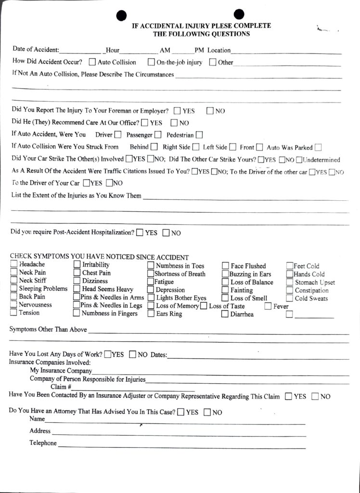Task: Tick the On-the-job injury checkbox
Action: coord(151,62)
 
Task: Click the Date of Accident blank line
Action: coord(80,51)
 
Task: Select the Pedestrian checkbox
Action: coord(199,135)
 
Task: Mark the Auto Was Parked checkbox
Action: coord(318,147)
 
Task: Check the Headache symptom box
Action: coord(13,264)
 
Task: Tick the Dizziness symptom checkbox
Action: coord(77,281)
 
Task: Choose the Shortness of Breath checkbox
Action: coord(151,274)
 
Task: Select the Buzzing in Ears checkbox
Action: coord(225,274)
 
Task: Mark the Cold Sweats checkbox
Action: coord(289,298)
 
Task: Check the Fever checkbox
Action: coord(268,306)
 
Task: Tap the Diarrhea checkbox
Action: coord(225,314)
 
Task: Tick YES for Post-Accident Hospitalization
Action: coord(140,233)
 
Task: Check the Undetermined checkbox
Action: coord(299,160)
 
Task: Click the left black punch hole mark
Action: coord(122,16)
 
